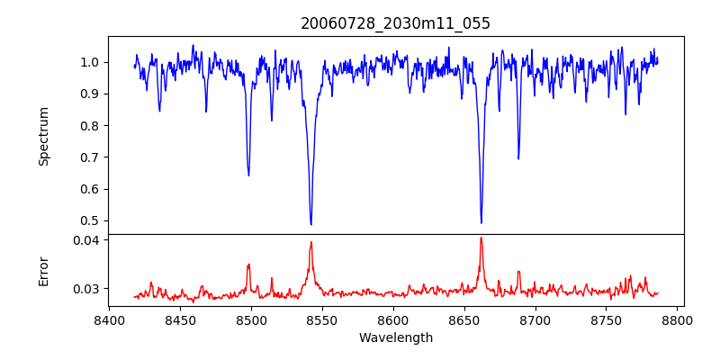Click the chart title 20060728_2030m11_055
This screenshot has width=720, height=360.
click(396, 23)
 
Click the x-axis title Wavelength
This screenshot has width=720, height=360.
click(396, 337)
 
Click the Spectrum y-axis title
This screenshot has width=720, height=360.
click(43, 136)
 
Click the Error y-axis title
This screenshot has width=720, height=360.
click(43, 271)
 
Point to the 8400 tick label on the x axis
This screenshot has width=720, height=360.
click(109, 319)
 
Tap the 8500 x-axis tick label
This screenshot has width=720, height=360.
click(251, 319)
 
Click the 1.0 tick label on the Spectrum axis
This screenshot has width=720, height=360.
click(90, 62)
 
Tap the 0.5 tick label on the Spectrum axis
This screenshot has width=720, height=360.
click(90, 220)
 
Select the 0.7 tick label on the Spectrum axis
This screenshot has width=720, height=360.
click(90, 157)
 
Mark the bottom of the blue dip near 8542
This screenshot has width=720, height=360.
click(310, 224)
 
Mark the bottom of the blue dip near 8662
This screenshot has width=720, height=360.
click(481, 222)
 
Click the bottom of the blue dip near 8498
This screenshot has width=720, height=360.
click(248, 175)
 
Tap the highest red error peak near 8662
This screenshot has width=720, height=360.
click(481, 238)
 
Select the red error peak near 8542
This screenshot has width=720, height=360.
click(310, 241)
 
